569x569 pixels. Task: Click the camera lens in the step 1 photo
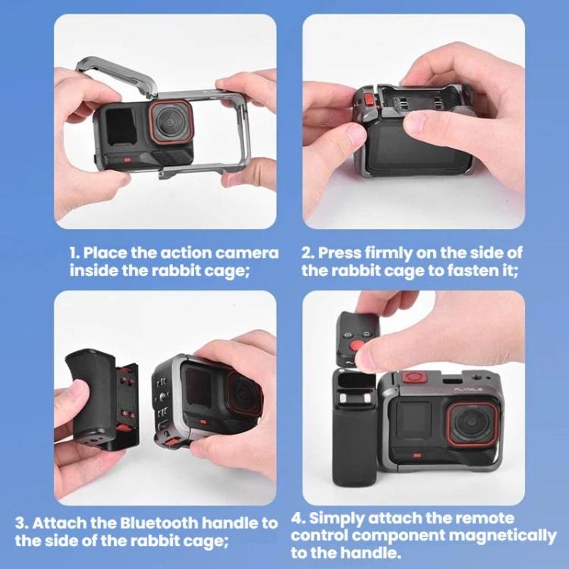[x=171, y=122]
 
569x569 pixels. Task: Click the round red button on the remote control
[x=360, y=345]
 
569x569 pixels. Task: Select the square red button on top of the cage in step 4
[x=415, y=378]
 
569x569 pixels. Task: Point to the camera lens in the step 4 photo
[x=471, y=424]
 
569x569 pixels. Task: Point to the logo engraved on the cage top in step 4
[x=469, y=390]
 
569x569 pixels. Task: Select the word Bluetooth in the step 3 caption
[x=159, y=523]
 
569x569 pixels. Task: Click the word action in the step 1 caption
[x=184, y=253]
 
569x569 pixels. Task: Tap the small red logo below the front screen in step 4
[x=417, y=454]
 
